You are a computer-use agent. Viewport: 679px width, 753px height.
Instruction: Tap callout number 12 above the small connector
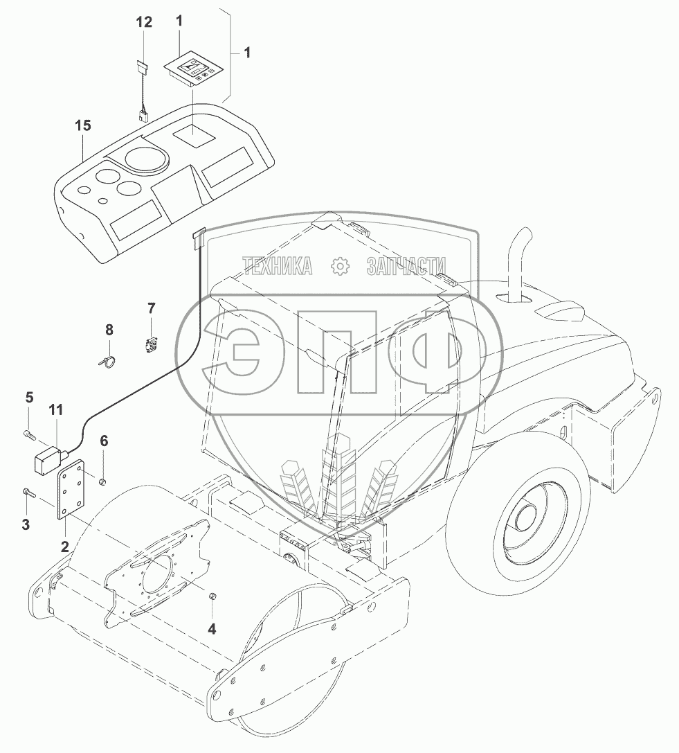(x=143, y=22)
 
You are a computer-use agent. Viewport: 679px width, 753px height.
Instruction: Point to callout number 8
(x=109, y=330)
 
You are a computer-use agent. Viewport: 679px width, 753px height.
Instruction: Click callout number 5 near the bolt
(x=29, y=396)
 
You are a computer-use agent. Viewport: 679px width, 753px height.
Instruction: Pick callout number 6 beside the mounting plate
(x=104, y=441)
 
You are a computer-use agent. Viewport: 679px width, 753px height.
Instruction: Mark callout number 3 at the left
(x=26, y=524)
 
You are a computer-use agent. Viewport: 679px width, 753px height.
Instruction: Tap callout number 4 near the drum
(x=212, y=629)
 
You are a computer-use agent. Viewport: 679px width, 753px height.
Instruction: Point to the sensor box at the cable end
(x=46, y=461)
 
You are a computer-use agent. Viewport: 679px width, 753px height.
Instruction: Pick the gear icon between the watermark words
(x=340, y=265)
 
